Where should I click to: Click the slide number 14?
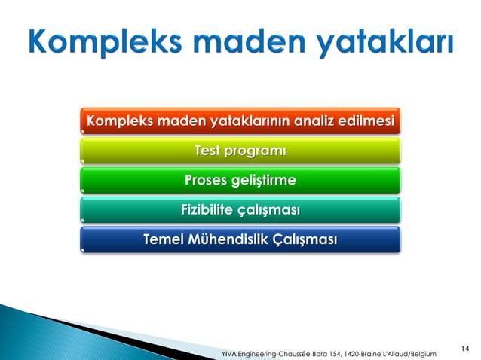click(464, 348)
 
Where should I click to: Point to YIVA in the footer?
click(227, 353)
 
